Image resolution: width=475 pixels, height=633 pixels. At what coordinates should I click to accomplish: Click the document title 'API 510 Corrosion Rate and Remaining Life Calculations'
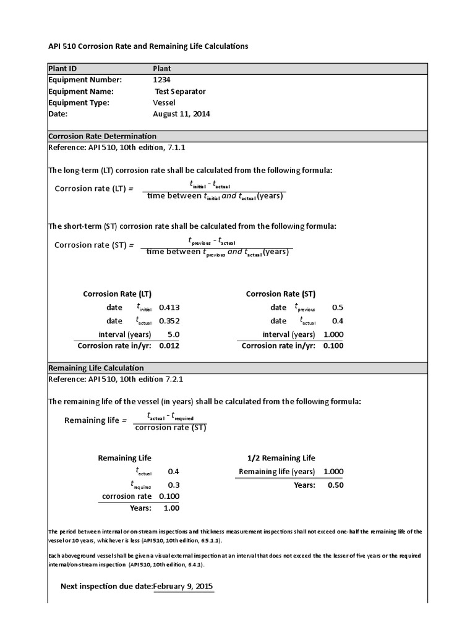click(148, 46)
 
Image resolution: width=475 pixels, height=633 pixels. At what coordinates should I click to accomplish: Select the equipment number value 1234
click(162, 80)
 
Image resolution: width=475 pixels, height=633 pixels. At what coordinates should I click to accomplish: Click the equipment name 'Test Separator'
click(180, 91)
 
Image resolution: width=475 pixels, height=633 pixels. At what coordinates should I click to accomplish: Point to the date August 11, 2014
click(181, 114)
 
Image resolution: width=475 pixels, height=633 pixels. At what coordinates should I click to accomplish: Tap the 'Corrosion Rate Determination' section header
click(102, 136)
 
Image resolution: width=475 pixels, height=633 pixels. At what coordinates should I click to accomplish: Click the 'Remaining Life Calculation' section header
click(96, 368)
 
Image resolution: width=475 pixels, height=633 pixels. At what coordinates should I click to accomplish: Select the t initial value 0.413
click(169, 307)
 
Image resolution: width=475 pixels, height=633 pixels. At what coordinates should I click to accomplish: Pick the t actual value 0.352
click(169, 321)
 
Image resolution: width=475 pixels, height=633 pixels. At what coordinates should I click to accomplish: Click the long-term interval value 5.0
click(173, 334)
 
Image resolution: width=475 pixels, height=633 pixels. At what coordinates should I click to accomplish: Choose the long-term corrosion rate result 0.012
click(169, 346)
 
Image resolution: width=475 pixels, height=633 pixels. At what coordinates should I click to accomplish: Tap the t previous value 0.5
click(337, 307)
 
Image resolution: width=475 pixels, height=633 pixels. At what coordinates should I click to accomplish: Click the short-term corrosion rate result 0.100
click(333, 346)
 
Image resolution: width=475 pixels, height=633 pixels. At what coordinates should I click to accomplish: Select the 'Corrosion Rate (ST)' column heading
click(280, 294)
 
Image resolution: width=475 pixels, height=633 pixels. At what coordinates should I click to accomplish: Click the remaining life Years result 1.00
click(171, 508)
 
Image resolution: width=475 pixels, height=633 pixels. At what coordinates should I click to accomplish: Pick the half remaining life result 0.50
click(335, 485)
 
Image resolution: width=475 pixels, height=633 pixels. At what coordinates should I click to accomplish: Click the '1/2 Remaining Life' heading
click(281, 458)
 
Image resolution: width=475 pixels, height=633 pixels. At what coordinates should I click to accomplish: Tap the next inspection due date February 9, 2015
click(184, 586)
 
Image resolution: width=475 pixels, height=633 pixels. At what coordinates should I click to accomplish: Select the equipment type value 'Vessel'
click(164, 103)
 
